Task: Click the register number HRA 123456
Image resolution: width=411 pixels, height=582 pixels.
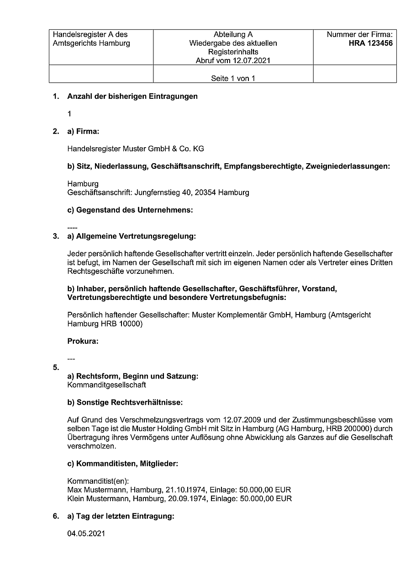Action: [370, 43]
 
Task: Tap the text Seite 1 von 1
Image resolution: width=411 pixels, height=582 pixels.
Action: [233, 78]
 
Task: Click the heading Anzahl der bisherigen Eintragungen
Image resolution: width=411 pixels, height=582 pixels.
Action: [132, 96]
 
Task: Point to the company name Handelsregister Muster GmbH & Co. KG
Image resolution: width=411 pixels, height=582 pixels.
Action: [136, 149]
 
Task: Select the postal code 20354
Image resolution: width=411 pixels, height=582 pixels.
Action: [205, 192]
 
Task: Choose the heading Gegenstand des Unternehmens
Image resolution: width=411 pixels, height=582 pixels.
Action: [130, 210]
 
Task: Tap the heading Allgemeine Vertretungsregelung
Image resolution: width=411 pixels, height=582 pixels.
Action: [131, 236]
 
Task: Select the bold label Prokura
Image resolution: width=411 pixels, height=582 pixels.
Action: [83, 341]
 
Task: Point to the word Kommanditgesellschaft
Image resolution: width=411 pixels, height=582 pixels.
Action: [106, 385]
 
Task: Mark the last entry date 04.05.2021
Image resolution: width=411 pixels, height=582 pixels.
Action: [86, 534]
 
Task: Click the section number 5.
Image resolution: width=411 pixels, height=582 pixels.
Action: [56, 367]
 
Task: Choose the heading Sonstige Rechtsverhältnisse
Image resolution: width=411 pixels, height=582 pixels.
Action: [125, 402]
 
